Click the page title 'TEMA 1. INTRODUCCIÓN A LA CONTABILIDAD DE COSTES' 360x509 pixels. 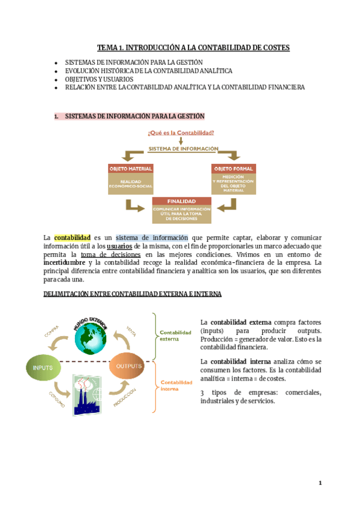coord(193,47)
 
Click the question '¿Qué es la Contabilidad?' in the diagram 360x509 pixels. coord(181,133)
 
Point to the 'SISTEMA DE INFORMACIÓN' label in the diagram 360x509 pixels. coord(184,148)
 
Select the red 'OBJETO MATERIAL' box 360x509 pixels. coord(131,169)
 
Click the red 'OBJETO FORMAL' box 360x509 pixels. coord(234,169)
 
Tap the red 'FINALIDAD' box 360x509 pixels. coord(182,201)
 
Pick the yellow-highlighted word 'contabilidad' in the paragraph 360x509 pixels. coord(72,238)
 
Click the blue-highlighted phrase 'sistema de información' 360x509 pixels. coord(151,238)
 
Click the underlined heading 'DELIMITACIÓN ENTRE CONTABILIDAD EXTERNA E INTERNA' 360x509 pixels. coord(133,294)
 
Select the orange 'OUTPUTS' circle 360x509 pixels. coord(128,366)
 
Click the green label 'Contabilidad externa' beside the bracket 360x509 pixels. coord(175,335)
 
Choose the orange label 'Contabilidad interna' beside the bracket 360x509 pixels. coord(175,385)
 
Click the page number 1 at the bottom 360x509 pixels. coord(320,483)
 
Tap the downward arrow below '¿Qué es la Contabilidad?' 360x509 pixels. coord(181,141)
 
